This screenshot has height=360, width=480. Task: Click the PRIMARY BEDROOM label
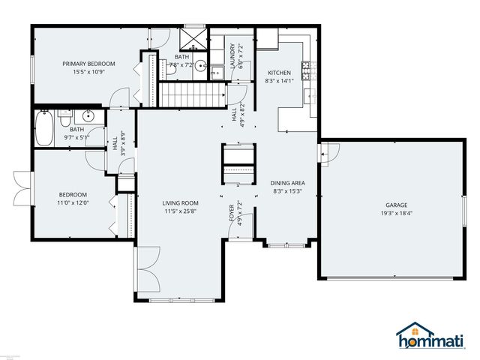[x=88, y=64]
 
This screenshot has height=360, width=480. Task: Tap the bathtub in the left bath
[x=43, y=128]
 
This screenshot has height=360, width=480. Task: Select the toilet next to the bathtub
[x=65, y=118]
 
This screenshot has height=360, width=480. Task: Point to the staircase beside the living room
[x=193, y=95]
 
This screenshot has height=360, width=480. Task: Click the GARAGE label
[x=396, y=205]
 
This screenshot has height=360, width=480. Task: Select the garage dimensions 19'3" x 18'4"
[x=396, y=213]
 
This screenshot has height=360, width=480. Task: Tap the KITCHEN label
[x=279, y=73]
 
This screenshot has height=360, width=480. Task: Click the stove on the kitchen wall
[x=307, y=70]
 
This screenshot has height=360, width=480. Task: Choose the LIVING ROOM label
[x=181, y=202]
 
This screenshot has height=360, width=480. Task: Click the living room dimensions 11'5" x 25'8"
[x=181, y=211]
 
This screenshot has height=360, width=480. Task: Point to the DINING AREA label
[x=287, y=182]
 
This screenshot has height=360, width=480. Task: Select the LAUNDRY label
[x=233, y=54]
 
